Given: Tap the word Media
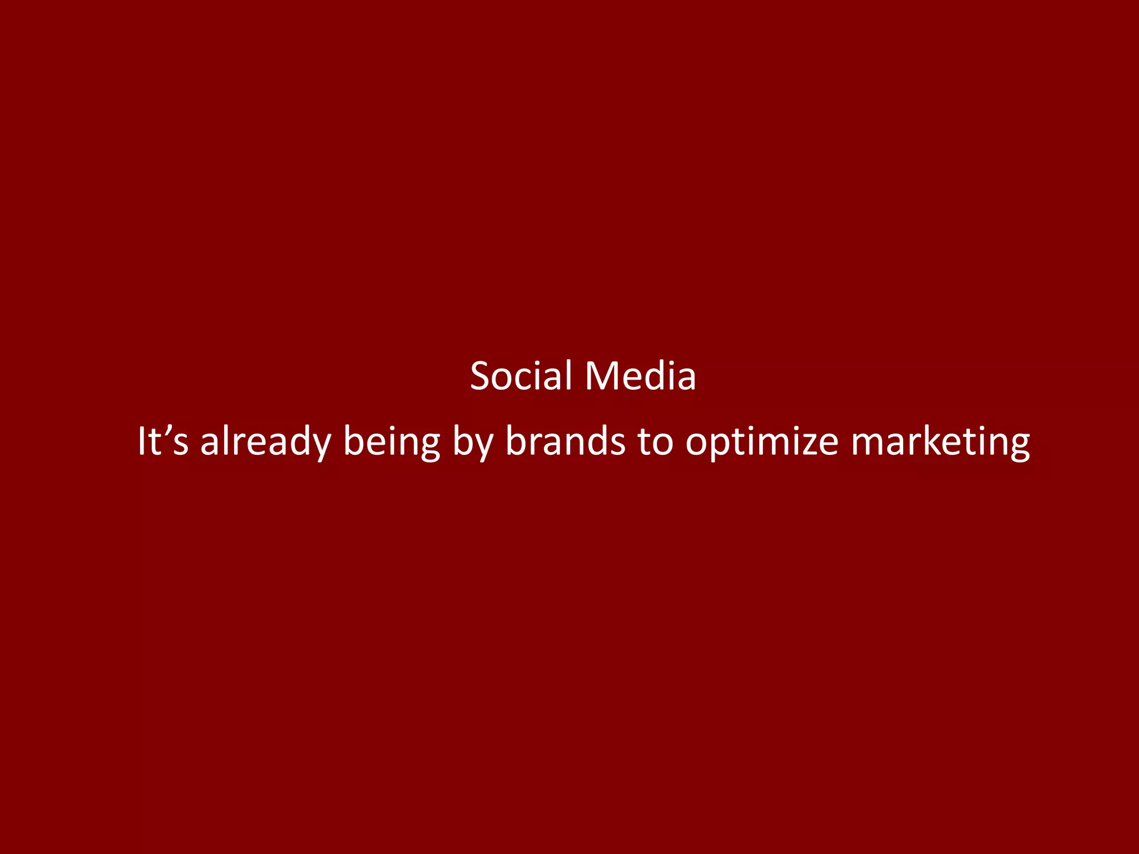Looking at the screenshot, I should tap(640, 376).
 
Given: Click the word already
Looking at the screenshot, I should tap(265, 442).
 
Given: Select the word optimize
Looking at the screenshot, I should tap(761, 442).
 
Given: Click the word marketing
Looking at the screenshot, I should tap(940, 442).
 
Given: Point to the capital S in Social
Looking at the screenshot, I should tap(481, 376).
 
